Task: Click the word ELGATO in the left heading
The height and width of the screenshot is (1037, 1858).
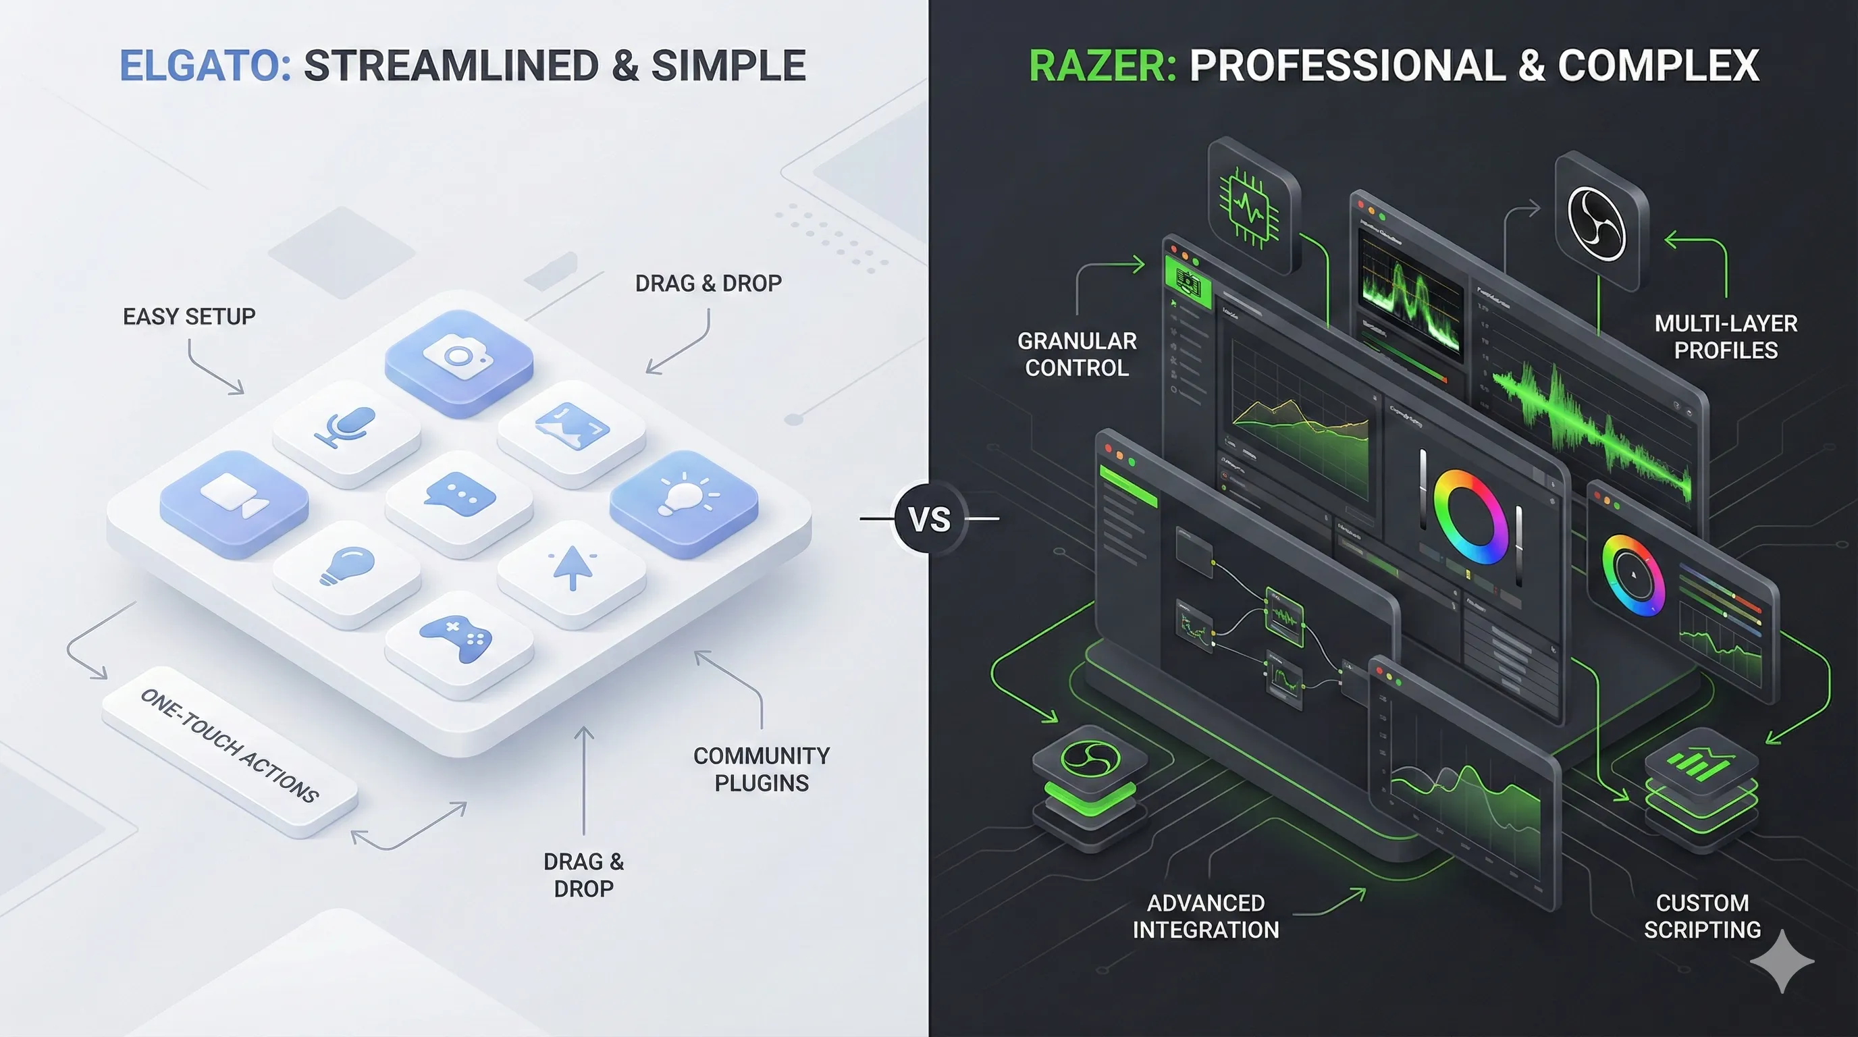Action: (x=205, y=65)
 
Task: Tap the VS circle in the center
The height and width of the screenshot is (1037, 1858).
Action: (x=929, y=519)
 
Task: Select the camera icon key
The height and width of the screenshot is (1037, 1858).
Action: (x=458, y=358)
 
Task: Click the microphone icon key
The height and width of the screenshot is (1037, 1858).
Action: (x=346, y=427)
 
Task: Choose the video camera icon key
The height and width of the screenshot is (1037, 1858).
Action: (x=234, y=498)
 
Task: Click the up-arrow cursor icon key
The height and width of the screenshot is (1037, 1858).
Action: (x=572, y=568)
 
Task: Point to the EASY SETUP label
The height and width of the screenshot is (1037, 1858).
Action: (x=189, y=317)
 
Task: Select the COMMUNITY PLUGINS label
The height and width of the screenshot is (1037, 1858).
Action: (x=762, y=770)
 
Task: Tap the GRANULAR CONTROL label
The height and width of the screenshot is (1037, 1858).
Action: (x=1077, y=354)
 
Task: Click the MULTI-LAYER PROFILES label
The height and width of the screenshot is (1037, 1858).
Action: (x=1725, y=337)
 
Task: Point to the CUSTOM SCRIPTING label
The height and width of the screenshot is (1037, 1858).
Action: (x=1702, y=917)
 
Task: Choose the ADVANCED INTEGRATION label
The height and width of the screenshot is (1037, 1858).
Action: (x=1205, y=917)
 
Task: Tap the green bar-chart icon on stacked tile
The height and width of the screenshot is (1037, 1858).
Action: (x=1701, y=763)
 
